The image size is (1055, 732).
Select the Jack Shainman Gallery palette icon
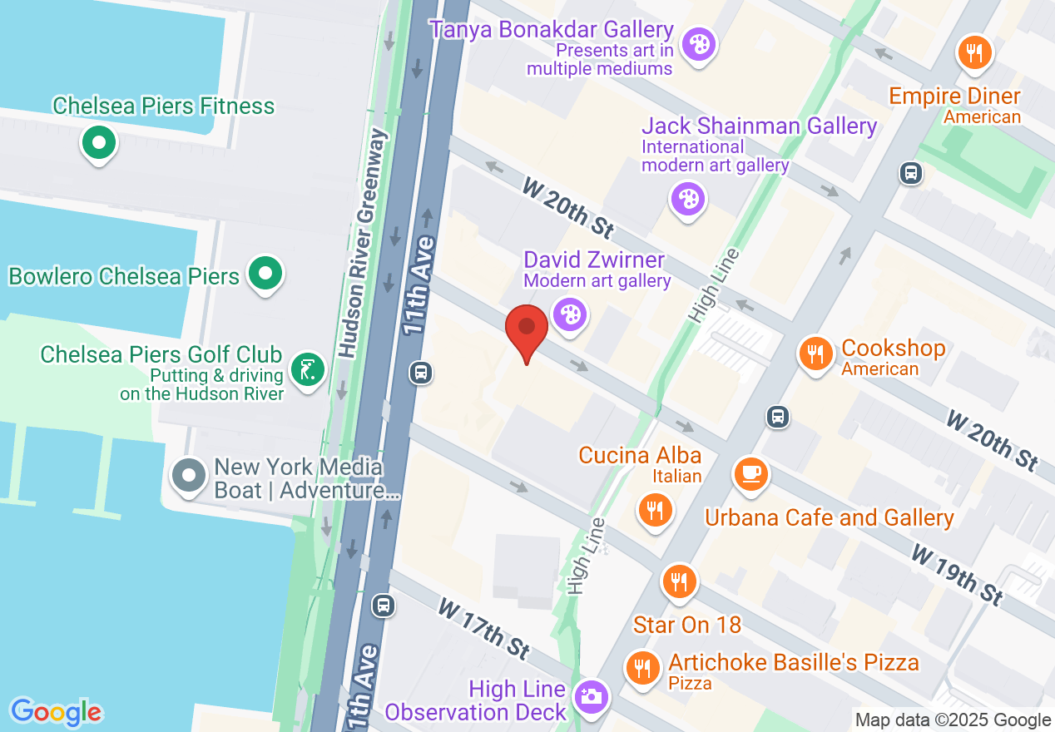click(688, 199)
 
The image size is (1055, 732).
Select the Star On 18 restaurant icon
click(680, 581)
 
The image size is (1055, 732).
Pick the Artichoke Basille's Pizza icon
click(642, 666)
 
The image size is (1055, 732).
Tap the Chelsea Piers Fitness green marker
click(99, 143)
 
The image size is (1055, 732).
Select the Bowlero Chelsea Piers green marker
click(265, 273)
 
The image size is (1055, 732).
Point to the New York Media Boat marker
click(189, 476)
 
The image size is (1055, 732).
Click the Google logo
click(57, 712)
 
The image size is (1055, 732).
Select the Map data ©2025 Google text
click(953, 720)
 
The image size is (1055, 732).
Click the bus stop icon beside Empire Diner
click(911, 173)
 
